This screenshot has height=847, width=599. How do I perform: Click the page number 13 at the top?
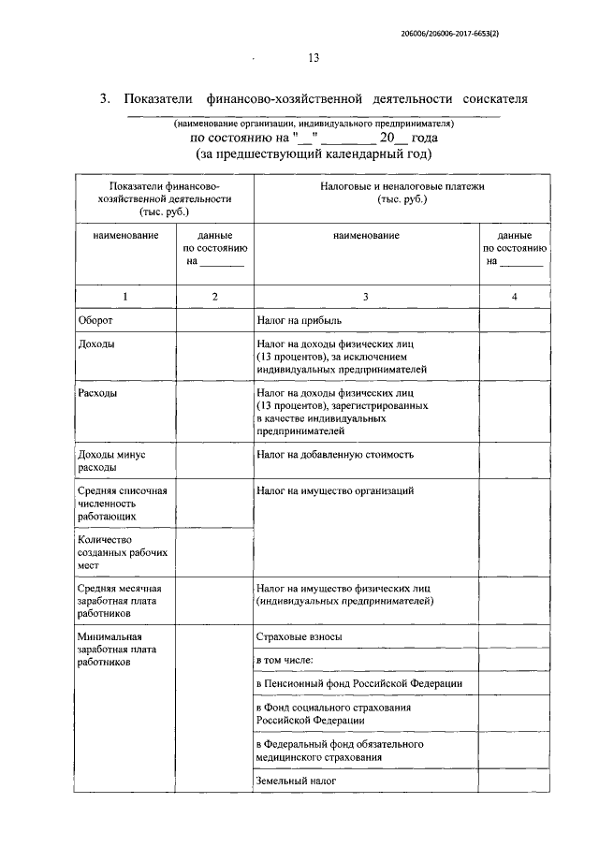pos(314,58)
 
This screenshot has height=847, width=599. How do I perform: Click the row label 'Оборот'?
pos(96,320)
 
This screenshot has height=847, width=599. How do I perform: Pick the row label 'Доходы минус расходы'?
pos(110,460)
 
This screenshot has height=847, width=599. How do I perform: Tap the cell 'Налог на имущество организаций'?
pos(334,490)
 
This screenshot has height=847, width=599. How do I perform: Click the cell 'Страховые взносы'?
pos(299,636)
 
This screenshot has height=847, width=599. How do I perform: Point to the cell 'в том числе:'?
pos(290,661)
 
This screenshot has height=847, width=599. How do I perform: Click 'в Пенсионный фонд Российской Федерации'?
pos(359,684)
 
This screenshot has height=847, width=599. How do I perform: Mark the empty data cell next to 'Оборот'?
pos(214,320)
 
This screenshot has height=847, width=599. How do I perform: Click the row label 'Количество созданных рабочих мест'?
pos(110,552)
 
